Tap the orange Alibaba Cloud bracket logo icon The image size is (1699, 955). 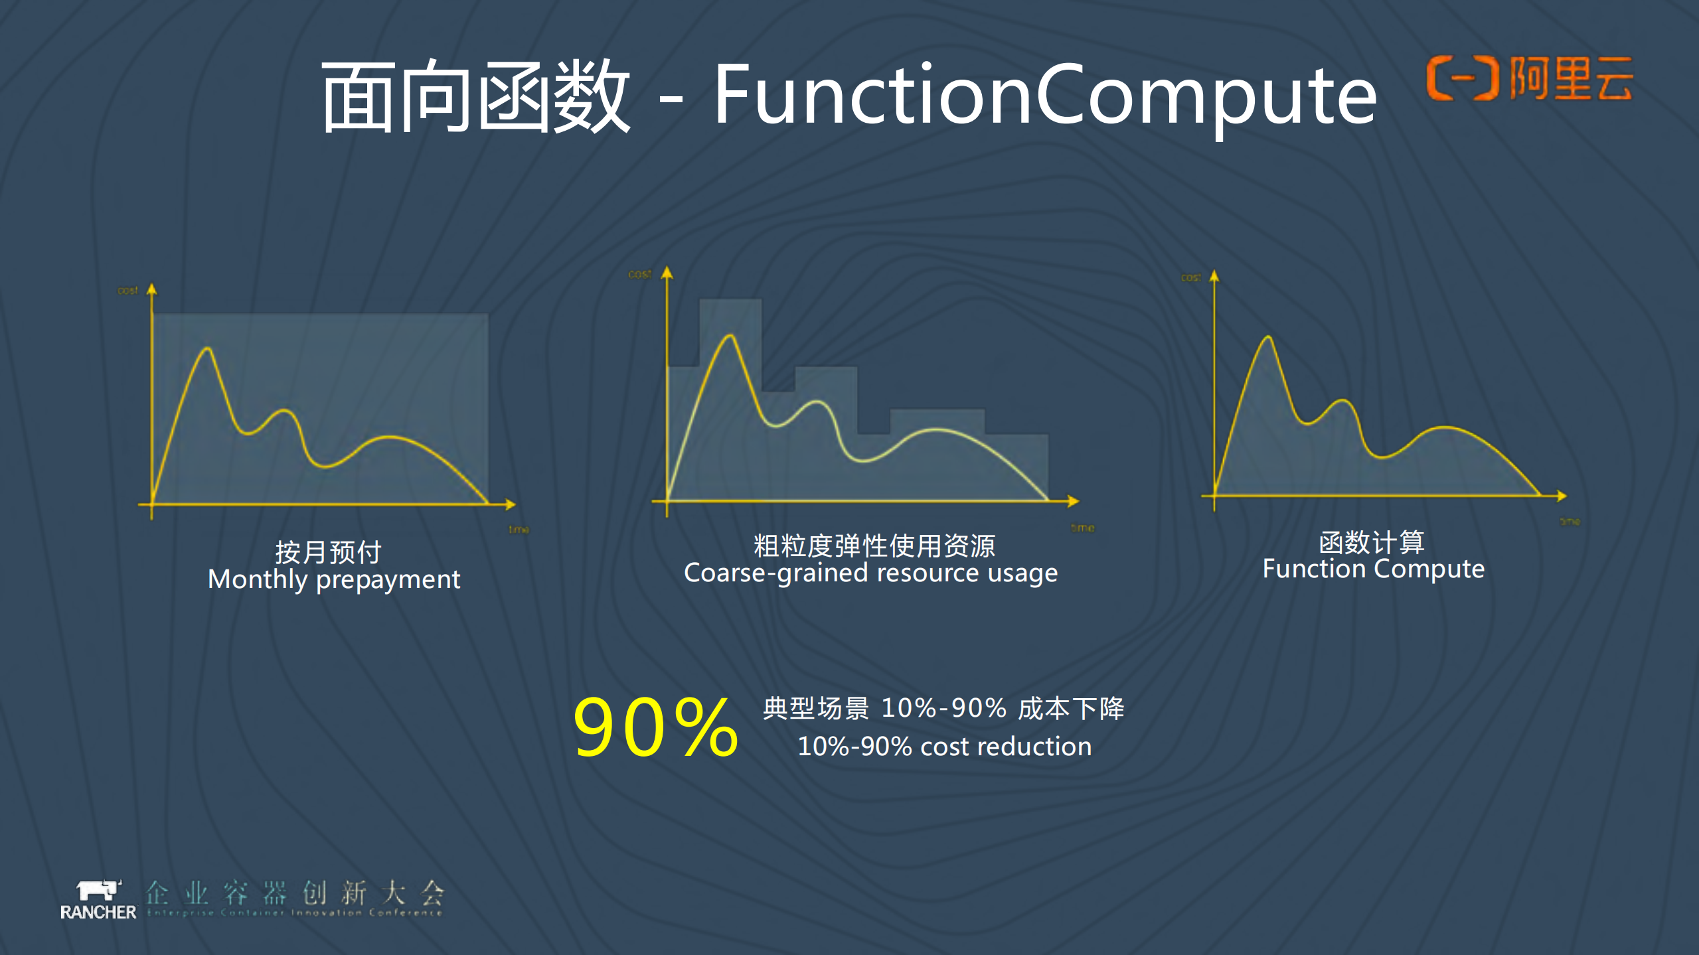(x=1463, y=78)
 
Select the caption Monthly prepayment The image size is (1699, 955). (x=333, y=579)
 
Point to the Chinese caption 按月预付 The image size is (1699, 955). (x=328, y=551)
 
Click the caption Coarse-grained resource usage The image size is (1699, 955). (x=870, y=573)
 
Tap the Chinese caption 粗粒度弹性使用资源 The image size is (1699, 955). (x=874, y=546)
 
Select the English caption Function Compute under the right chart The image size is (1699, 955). (x=1373, y=569)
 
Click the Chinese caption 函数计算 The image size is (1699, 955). (x=1372, y=542)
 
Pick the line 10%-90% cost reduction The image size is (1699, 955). (x=944, y=747)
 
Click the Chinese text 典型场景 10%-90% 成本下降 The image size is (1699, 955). (x=943, y=708)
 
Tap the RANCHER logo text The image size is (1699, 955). (x=98, y=913)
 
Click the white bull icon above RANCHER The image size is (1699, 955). (x=98, y=889)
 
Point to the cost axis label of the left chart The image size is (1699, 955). (x=127, y=291)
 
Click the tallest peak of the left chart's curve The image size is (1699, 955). (x=208, y=349)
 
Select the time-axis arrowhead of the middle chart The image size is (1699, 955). (x=1074, y=501)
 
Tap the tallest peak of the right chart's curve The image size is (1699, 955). (x=1268, y=338)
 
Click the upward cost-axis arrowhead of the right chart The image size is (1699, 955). (x=1214, y=276)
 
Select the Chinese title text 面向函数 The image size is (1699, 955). (x=475, y=96)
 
